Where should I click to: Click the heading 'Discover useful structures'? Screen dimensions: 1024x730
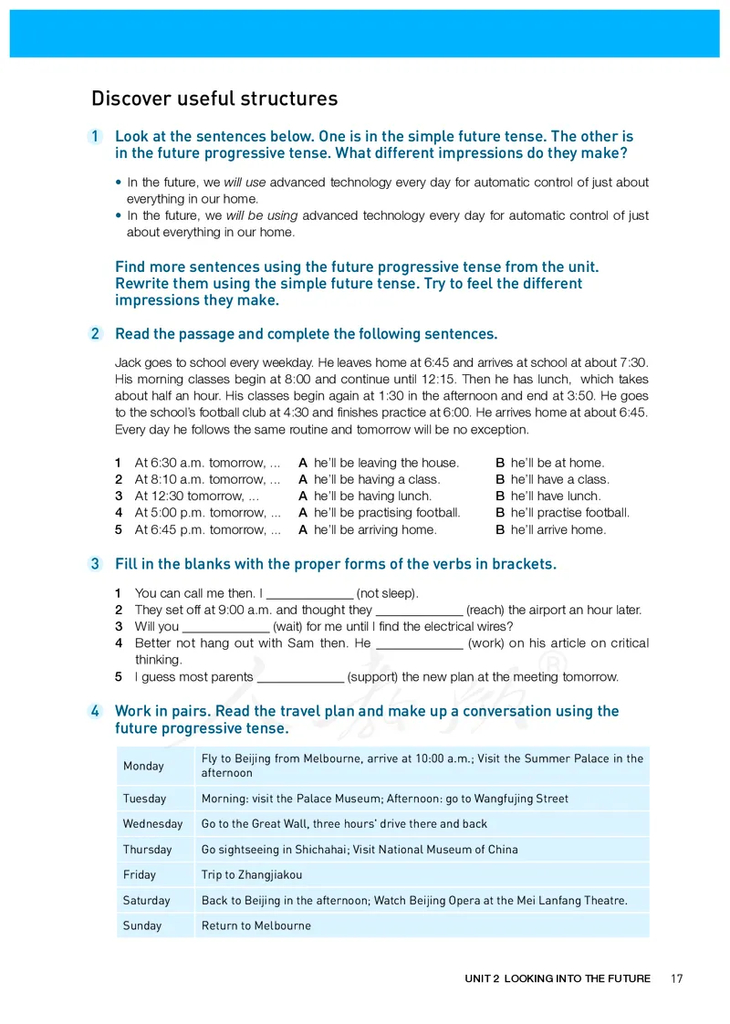click(x=214, y=99)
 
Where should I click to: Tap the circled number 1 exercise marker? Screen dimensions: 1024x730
click(x=95, y=137)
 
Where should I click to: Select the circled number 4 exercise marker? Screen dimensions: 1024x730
click(x=95, y=711)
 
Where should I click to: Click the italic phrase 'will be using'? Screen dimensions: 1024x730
click(x=261, y=215)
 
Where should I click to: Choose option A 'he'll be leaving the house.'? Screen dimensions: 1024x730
click(x=386, y=463)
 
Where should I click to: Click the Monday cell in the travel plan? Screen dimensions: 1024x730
click(x=144, y=766)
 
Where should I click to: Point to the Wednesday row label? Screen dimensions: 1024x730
click(x=153, y=824)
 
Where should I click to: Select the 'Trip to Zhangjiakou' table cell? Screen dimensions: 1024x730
click(x=252, y=875)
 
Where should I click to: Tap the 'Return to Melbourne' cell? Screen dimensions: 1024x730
click(x=256, y=926)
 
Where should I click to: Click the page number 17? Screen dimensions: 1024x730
click(x=676, y=978)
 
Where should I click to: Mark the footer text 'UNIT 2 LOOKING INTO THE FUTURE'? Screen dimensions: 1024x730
click(x=558, y=978)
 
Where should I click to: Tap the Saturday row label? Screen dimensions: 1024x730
click(x=147, y=901)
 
